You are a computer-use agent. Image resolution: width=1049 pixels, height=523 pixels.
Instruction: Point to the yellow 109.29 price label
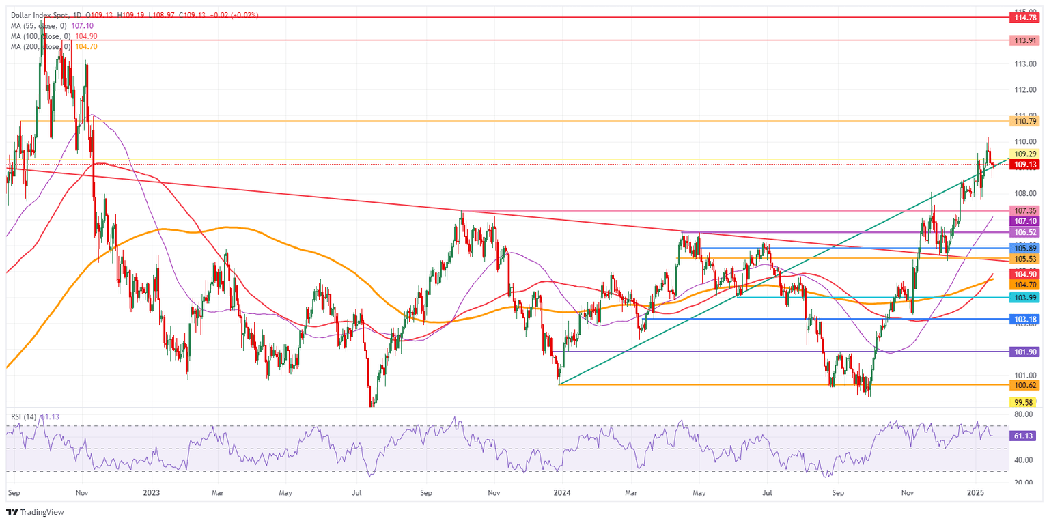click(x=1026, y=154)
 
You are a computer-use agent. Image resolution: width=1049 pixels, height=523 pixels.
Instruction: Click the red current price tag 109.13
click(x=1026, y=165)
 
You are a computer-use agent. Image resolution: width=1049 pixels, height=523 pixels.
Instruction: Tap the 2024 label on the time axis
click(x=562, y=492)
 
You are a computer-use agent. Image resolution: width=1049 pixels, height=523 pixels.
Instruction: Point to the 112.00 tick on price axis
click(x=1024, y=89)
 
